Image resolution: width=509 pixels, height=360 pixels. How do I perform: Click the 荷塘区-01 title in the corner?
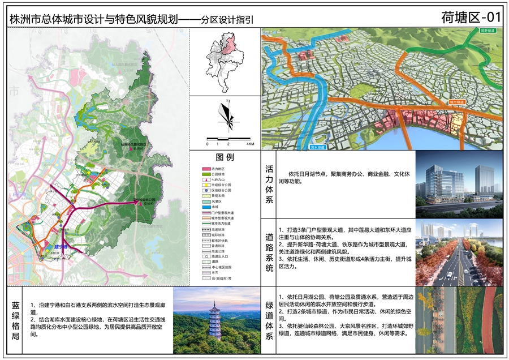pyautogui.click(x=471, y=17)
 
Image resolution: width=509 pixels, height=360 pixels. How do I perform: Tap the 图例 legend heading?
pyautogui.click(x=225, y=157)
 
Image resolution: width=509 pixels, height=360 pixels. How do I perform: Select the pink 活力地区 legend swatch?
pyautogui.click(x=206, y=169)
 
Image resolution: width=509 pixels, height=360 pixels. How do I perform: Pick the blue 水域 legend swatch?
pyautogui.click(x=206, y=207)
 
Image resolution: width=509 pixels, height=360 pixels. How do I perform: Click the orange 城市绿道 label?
pyautogui.click(x=456, y=102)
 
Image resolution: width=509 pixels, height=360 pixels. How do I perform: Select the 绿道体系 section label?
pyautogui.click(x=269, y=320)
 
